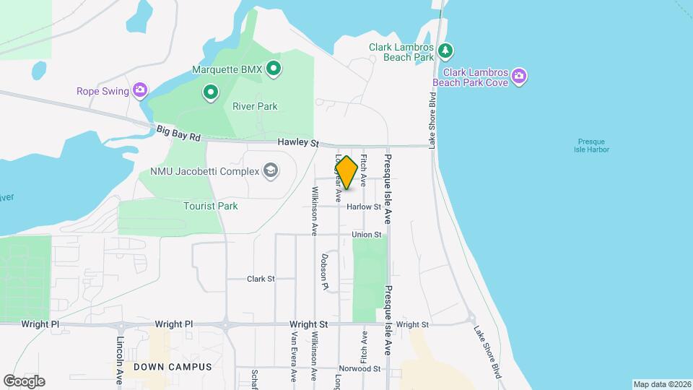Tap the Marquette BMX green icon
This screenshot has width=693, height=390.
[274, 69]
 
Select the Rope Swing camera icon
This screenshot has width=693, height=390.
[140, 90]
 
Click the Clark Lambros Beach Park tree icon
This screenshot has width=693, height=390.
[447, 50]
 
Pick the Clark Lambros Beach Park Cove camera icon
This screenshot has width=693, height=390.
[519, 75]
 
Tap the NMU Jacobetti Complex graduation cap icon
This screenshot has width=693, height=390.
[271, 170]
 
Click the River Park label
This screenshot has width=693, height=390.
[255, 106]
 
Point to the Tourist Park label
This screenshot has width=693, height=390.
[210, 206]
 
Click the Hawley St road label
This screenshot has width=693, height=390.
[298, 144]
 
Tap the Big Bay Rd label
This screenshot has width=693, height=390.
[178, 133]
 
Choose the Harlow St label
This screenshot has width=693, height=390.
[363, 207]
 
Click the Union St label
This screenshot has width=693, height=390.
[366, 235]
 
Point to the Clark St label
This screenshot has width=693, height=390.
[261, 278]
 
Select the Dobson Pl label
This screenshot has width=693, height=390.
[325, 272]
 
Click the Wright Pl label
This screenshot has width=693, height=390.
[40, 324]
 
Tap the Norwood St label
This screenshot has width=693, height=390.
[361, 368]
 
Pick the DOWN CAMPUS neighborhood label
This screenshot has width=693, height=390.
[173, 367]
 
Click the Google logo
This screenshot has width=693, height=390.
[24, 381]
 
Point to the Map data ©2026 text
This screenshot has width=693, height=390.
[661, 384]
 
